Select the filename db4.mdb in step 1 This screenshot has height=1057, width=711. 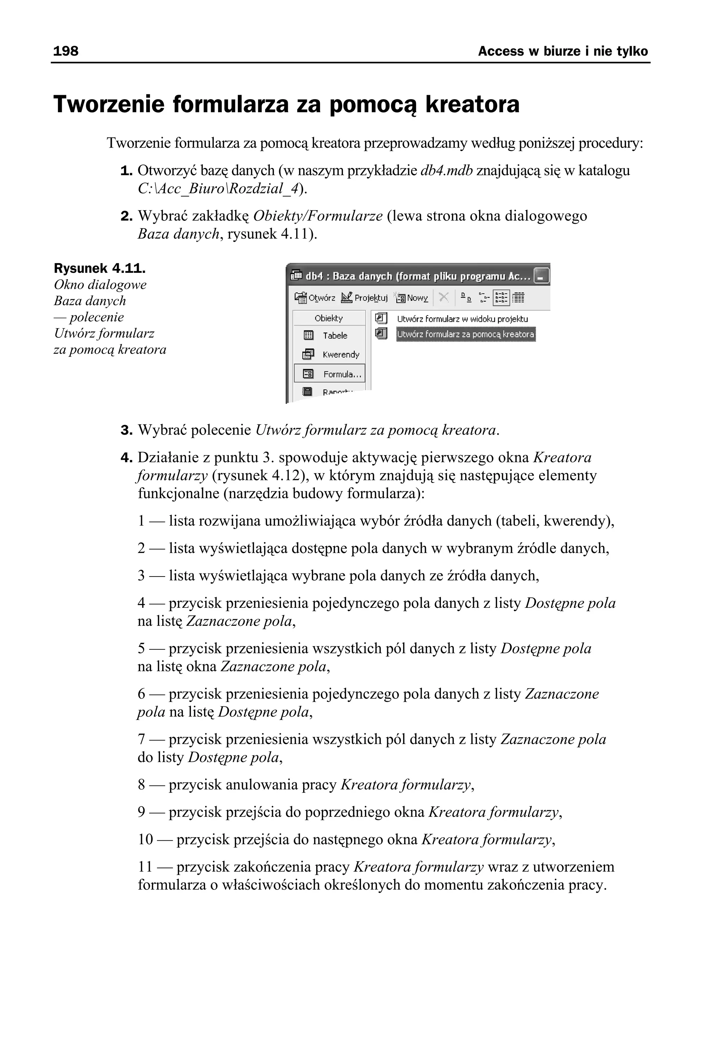click(x=447, y=170)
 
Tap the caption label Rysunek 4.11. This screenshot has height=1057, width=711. click(x=100, y=268)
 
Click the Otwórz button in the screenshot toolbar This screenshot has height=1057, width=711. click(x=315, y=298)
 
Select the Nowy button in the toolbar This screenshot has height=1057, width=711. click(x=412, y=298)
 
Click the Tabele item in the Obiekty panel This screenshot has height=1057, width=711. click(x=335, y=335)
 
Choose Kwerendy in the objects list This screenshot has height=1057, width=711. click(x=341, y=354)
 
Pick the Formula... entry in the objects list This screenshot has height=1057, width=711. click(x=342, y=374)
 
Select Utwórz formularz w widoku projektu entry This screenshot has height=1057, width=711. click(x=462, y=319)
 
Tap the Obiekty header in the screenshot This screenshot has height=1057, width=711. click(x=329, y=318)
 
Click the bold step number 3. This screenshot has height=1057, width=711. click(x=126, y=430)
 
